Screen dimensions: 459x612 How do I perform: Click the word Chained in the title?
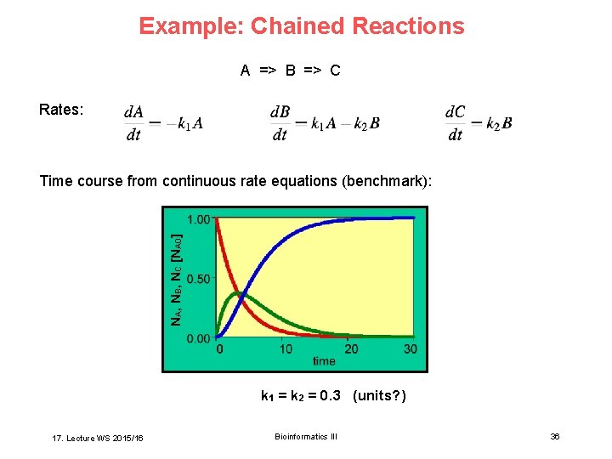point(287,26)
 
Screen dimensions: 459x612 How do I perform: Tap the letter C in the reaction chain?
point(335,71)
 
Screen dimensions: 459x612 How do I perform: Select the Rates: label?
point(61,110)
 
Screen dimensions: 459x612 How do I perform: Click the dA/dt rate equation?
point(163,123)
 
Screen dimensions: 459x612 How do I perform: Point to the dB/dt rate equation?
point(324,123)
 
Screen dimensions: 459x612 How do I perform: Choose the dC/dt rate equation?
point(478,123)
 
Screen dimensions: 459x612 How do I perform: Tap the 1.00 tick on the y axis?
point(198,218)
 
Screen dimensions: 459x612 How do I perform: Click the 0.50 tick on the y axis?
point(198,279)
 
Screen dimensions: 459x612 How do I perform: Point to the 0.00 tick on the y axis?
point(198,338)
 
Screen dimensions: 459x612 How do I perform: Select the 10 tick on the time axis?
point(286,348)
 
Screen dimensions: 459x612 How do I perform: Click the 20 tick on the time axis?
point(350,348)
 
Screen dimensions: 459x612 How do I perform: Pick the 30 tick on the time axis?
point(411,348)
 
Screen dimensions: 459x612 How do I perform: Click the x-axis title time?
point(323,361)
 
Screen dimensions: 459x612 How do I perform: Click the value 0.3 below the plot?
point(330,395)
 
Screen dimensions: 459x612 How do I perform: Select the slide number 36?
point(554,437)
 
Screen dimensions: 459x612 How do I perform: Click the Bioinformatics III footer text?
point(305,437)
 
